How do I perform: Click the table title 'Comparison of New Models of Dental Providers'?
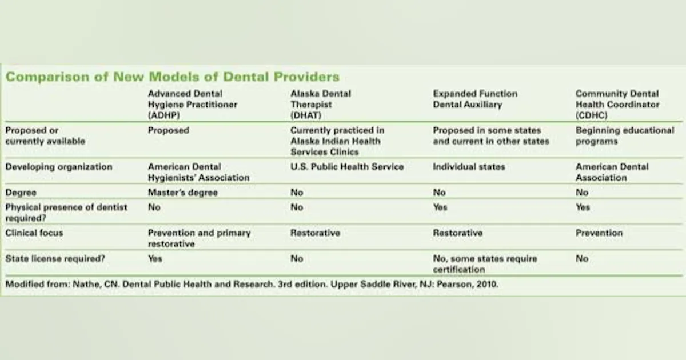(x=172, y=77)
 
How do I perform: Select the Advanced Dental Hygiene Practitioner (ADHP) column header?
(x=192, y=105)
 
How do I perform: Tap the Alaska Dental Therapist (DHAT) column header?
(x=321, y=105)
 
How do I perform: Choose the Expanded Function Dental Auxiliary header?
(x=475, y=99)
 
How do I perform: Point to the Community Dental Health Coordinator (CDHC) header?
(x=617, y=105)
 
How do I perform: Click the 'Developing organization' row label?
(x=59, y=167)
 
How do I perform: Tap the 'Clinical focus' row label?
(x=34, y=233)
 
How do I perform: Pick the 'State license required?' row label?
(x=55, y=259)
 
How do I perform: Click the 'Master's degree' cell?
(x=182, y=193)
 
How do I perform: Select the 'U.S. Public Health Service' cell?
(x=347, y=167)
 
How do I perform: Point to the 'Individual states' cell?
(x=469, y=167)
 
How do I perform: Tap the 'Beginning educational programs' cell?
(x=625, y=136)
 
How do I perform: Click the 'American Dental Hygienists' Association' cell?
(x=198, y=172)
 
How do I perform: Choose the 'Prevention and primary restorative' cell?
(x=199, y=238)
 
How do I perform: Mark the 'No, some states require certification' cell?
(x=485, y=264)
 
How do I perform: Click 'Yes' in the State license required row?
(x=155, y=259)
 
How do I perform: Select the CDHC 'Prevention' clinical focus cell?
(x=599, y=233)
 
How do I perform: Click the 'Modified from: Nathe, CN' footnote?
(x=252, y=284)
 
